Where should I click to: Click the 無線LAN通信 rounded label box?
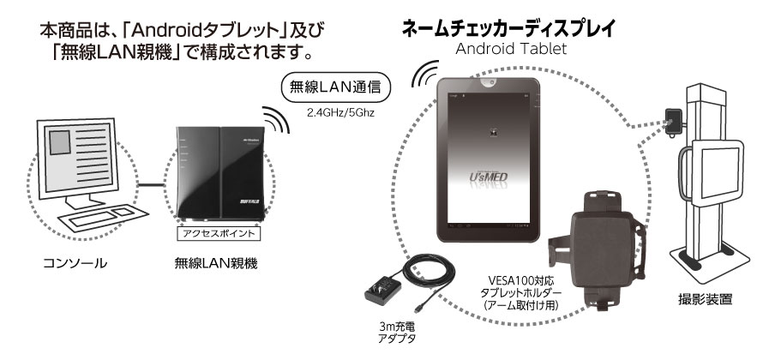pos(335,87)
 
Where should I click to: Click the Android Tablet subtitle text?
pos(510,48)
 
